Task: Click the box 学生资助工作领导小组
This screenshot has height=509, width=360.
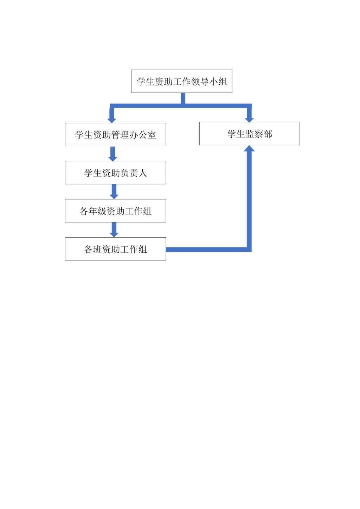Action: pyautogui.click(x=182, y=81)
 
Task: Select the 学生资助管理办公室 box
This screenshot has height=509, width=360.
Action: pyautogui.click(x=115, y=135)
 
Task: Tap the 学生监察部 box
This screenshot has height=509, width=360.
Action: pyautogui.click(x=250, y=134)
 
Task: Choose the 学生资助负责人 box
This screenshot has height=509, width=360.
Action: pyautogui.click(x=115, y=173)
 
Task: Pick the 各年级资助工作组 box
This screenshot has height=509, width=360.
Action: pyautogui.click(x=115, y=211)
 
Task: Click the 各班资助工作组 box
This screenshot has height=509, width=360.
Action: pyautogui.click(x=115, y=249)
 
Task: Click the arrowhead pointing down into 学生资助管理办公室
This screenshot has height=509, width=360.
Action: pyautogui.click(x=112, y=121)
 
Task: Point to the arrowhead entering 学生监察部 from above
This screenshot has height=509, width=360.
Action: pyautogui.click(x=249, y=120)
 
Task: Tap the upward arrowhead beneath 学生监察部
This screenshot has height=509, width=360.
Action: pyautogui.click(x=249, y=148)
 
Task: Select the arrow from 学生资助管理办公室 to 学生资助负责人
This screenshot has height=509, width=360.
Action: pyautogui.click(x=113, y=154)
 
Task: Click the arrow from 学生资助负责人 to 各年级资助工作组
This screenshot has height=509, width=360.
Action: pyautogui.click(x=114, y=192)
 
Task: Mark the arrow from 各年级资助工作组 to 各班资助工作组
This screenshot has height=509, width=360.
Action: pyautogui.click(x=114, y=230)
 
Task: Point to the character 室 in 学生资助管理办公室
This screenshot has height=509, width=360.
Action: pyautogui.click(x=152, y=135)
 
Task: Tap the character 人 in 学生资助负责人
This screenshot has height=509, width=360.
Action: pyautogui.click(x=142, y=173)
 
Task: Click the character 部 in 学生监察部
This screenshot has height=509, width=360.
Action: pyautogui.click(x=268, y=134)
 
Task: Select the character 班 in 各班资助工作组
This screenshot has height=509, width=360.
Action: pyautogui.click(x=97, y=249)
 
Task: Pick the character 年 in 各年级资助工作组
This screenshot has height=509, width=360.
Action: pyautogui.click(x=93, y=211)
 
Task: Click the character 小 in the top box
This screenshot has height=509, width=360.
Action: pyautogui.click(x=213, y=81)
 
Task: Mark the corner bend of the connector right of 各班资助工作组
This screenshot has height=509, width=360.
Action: pyautogui.click(x=249, y=250)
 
